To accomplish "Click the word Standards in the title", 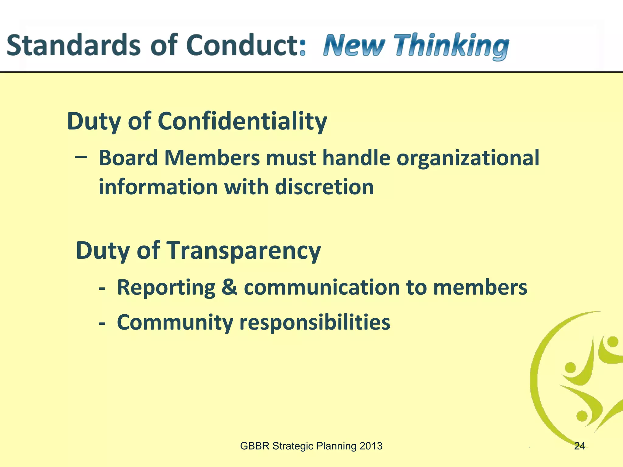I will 73,46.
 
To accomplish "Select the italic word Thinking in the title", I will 451,46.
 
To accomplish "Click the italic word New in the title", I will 354,46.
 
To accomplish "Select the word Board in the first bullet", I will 128,158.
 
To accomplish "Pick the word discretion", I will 324,187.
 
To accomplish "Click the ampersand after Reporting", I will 229,287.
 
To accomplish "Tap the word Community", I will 175,323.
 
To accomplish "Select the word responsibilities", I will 315,323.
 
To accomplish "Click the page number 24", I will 579,446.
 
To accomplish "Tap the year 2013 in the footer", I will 371,446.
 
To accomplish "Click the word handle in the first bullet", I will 356,158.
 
